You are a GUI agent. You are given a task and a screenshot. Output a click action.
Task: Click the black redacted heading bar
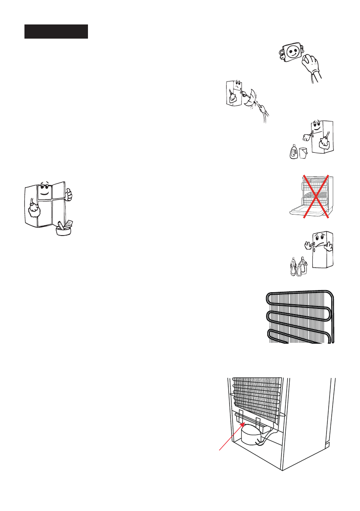(x=56, y=32)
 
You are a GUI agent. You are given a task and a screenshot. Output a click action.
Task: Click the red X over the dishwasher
(x=316, y=197)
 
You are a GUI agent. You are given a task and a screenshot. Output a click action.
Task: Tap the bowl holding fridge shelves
(x=63, y=230)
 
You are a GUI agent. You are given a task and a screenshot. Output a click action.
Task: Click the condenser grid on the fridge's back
(x=256, y=393)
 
